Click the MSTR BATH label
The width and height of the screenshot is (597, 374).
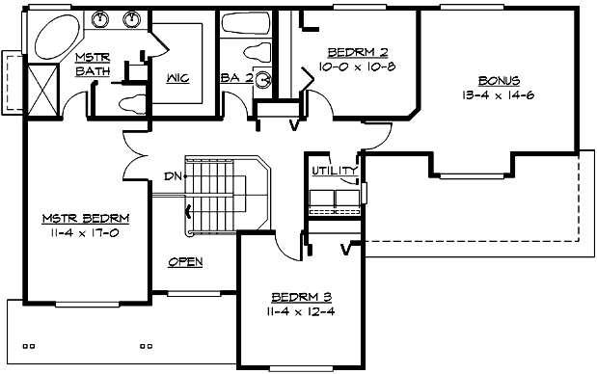(94, 65)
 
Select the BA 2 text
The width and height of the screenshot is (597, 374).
(235, 78)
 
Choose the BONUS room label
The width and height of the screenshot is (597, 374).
(499, 81)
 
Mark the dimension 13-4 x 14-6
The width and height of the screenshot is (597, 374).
(499, 95)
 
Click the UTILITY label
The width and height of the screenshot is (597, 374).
(333, 172)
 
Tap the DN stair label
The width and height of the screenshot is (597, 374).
(174, 176)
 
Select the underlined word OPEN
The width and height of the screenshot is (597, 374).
(184, 261)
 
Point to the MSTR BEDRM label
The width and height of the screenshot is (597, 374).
(86, 218)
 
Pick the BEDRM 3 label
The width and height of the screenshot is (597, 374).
(300, 296)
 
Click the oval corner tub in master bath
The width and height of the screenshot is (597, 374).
(57, 38)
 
